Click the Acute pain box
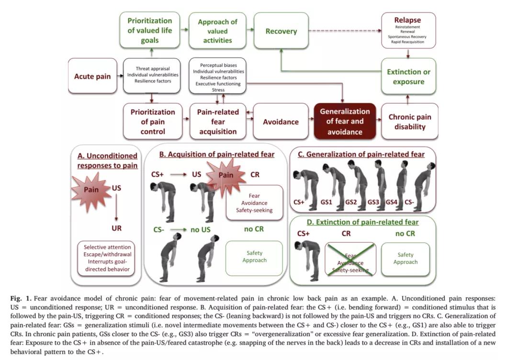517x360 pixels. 92,77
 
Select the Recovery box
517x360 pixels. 281,32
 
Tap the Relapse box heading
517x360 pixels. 407,20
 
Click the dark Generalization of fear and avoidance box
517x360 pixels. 345,121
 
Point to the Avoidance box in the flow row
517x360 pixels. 281,122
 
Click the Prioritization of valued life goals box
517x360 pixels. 149,31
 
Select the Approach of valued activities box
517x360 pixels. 217,31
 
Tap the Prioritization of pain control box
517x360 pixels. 153,122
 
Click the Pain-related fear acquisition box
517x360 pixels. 217,122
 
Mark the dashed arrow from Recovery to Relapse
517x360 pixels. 345,32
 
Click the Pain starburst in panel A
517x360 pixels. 91,190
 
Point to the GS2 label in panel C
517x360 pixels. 351,202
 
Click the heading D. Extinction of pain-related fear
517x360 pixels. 364,222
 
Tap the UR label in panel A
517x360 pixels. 116,228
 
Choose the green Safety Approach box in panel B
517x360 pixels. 254,257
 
